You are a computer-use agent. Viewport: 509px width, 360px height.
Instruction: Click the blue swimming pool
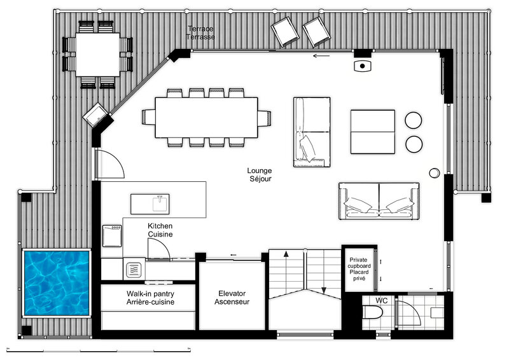pyautogui.click(x=57, y=283)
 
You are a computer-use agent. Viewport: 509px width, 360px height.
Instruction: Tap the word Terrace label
pyautogui.click(x=200, y=29)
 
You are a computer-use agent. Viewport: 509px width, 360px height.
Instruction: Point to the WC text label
pyautogui.click(x=381, y=301)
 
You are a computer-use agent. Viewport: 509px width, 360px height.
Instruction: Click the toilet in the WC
pyautogui.click(x=372, y=312)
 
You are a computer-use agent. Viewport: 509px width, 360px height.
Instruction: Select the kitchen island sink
pyautogui.click(x=161, y=204)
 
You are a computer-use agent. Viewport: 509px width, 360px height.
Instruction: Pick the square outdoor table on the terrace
pyautogui.click(x=98, y=55)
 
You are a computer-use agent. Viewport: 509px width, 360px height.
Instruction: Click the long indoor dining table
pyautogui.click(x=206, y=118)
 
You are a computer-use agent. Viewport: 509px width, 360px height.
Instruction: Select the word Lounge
pyautogui.click(x=260, y=170)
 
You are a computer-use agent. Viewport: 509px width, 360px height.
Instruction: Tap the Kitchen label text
pyautogui.click(x=160, y=226)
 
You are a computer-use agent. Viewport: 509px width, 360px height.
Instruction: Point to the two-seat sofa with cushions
pyautogui.click(x=379, y=201)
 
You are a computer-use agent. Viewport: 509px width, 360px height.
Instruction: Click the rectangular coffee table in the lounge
pyautogui.click(x=373, y=132)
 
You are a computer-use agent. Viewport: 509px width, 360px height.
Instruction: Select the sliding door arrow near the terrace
pyautogui.click(x=321, y=56)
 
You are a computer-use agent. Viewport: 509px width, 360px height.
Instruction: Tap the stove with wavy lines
pyautogui.click(x=134, y=269)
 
